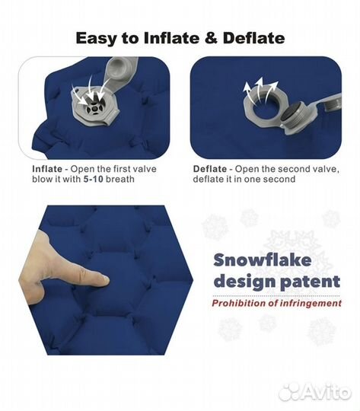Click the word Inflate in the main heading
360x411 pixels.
[x=171, y=38]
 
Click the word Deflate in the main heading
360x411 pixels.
[x=253, y=38]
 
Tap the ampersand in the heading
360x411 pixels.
[x=211, y=38]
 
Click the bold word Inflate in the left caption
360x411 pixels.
[x=47, y=169]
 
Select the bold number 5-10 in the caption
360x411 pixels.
[x=94, y=180]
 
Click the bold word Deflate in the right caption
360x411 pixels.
[x=210, y=169]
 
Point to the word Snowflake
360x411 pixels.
[x=263, y=260]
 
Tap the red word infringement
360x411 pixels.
[x=311, y=303]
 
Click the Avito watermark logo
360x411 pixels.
[x=314, y=393]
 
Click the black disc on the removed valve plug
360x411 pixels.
[x=291, y=113]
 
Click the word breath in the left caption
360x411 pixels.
[x=119, y=180]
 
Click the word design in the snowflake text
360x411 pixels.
[x=244, y=282]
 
